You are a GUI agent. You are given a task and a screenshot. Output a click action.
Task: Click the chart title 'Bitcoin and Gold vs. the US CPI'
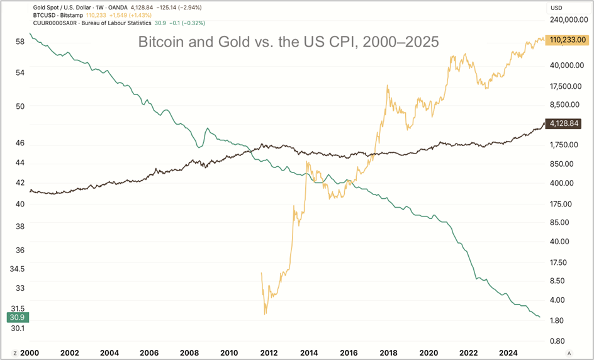coord(288,42)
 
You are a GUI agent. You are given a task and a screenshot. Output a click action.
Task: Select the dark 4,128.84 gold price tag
coord(568,123)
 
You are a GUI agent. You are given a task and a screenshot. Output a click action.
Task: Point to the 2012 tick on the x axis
coord(269,352)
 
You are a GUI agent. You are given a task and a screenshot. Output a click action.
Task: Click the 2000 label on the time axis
coord(30,352)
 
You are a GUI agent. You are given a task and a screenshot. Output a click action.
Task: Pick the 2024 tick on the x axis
coord(508,352)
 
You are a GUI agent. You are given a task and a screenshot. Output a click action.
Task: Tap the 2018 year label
coord(388,352)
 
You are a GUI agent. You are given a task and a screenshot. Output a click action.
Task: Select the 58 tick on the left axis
coord(20,42)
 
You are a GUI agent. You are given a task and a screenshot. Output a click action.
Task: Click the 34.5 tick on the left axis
coord(17,269)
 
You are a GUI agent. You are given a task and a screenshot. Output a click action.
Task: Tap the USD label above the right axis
coord(556,8)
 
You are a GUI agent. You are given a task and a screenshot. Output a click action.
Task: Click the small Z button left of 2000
coord(14,352)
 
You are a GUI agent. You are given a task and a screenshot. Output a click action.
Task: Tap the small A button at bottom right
coord(569,352)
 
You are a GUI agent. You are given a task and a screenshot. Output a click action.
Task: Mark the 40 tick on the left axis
coord(20,204)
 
